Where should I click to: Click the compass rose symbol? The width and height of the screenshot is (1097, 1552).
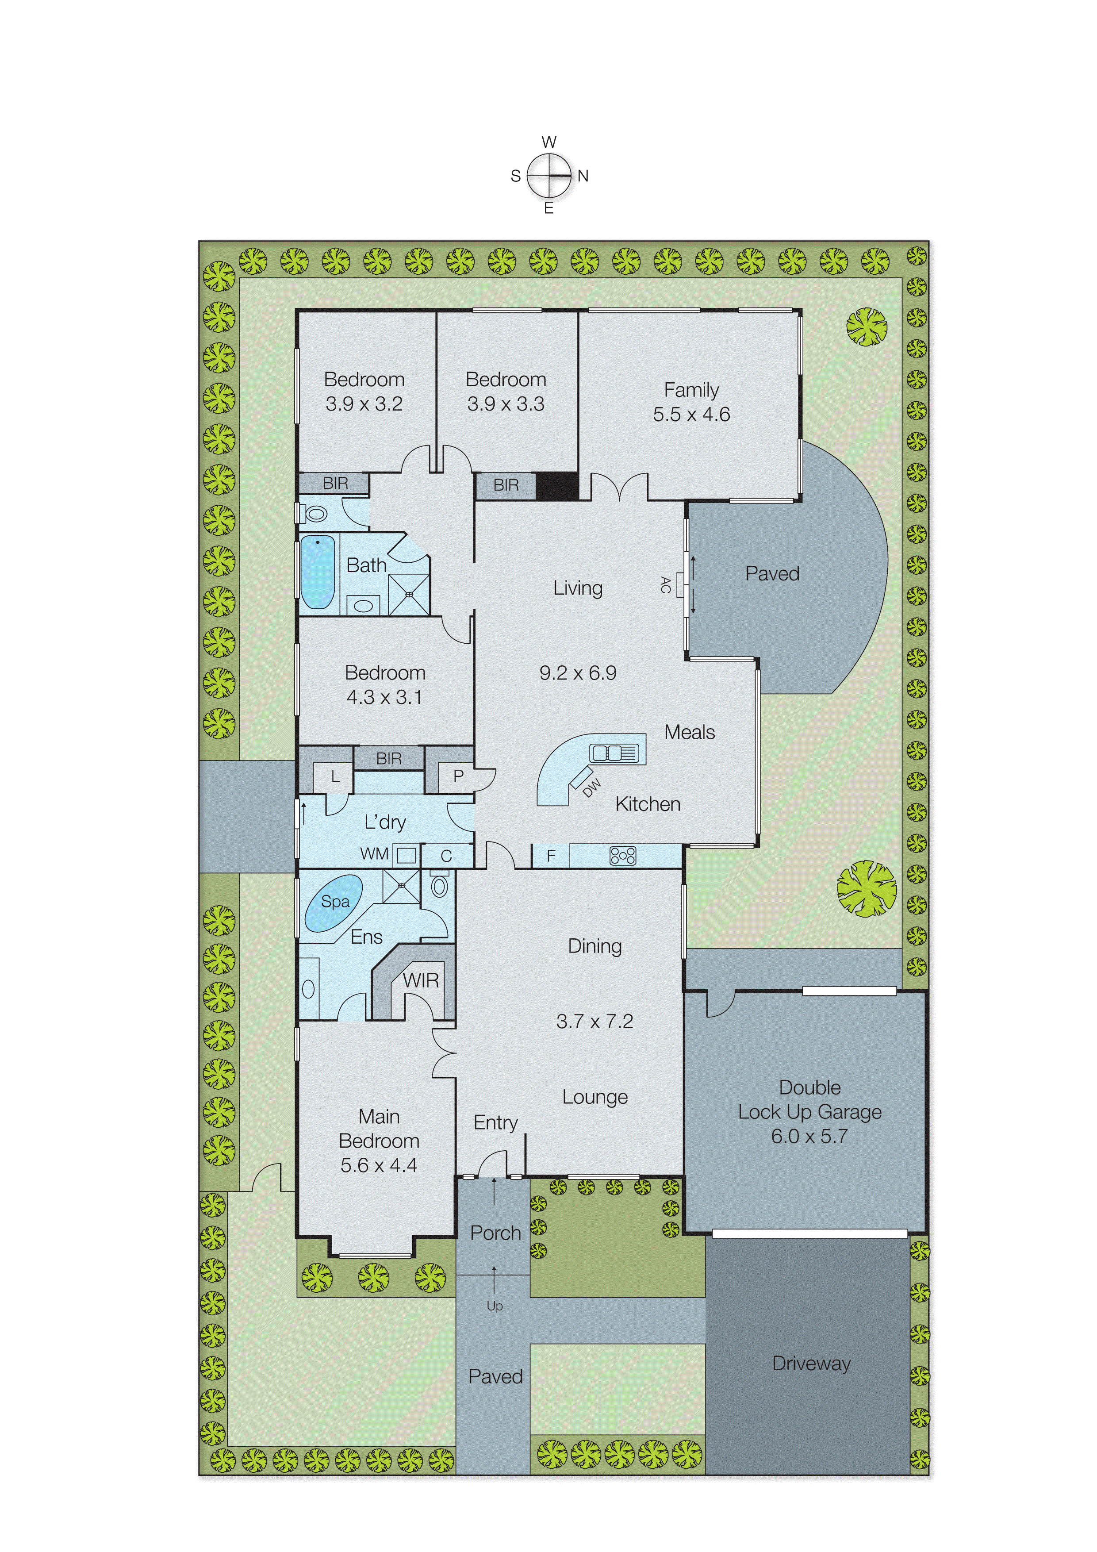tap(549, 176)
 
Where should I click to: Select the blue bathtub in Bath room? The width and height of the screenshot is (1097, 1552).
tap(317, 572)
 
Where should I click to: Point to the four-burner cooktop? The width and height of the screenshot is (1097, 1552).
tap(622, 856)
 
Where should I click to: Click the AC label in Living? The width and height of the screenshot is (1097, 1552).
tap(665, 585)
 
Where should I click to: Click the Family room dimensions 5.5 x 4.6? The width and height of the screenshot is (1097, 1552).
tap(691, 415)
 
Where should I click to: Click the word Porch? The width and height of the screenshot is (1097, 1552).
tap(495, 1233)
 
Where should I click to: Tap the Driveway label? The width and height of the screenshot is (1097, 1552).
tap(811, 1364)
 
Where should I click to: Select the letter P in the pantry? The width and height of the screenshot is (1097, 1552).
tap(458, 777)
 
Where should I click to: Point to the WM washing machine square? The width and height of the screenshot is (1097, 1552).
tap(406, 855)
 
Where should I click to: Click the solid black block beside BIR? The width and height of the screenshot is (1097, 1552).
tap(557, 486)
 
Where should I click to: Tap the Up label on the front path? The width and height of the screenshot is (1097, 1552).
tap(495, 1306)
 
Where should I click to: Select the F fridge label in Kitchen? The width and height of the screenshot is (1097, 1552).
tap(551, 856)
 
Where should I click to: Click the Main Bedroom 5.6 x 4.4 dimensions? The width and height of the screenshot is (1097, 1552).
tap(379, 1165)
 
